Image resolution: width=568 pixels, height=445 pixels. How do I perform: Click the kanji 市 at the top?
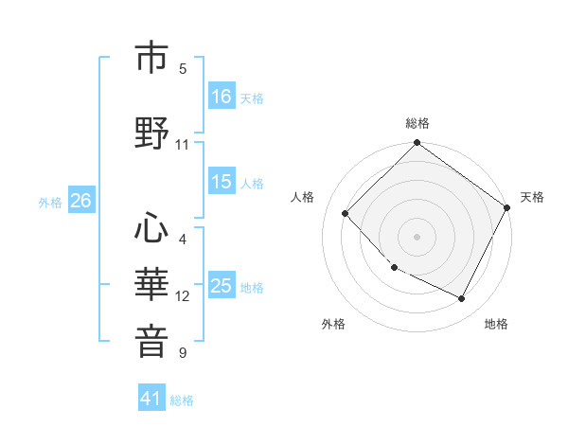coord(151,58)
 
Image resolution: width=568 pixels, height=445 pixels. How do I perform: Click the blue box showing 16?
coord(222,97)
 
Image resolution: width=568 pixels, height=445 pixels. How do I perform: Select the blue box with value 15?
coord(222,183)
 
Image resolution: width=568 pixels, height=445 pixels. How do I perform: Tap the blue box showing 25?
coord(222,287)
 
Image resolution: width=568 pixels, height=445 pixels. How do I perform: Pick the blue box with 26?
coord(80,201)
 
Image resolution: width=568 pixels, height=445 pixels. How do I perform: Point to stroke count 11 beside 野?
coord(183,145)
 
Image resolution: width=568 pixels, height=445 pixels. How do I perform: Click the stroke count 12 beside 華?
coord(183,296)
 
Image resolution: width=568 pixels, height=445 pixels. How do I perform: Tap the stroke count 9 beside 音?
coord(183,353)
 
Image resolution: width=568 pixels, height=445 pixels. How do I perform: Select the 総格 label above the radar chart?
coord(417,123)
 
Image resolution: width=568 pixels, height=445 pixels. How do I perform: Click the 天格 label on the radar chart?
coord(532,197)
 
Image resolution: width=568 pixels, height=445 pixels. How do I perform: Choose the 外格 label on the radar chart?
coord(333,324)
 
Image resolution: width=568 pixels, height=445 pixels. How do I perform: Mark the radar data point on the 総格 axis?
coord(417,144)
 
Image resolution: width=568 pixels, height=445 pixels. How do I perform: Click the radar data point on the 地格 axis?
coord(462,299)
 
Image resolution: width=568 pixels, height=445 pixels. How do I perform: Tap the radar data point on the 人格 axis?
coord(346,213)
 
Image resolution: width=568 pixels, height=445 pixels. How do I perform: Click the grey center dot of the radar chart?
coord(417,236)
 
